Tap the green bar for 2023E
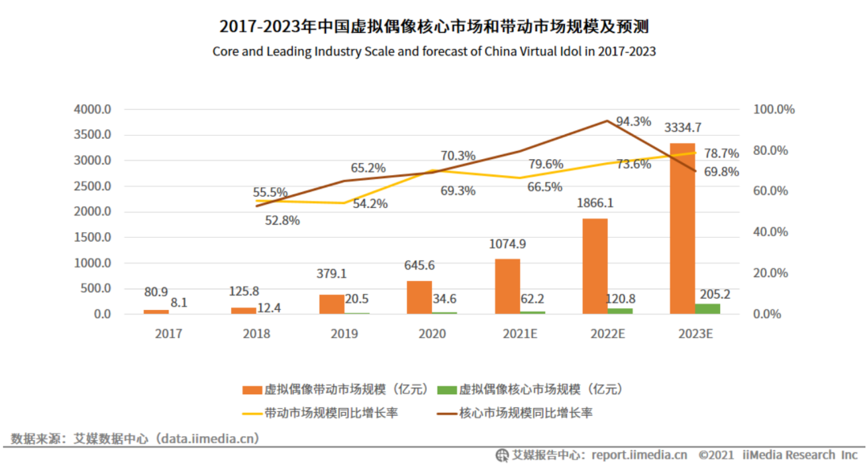tap(708, 308)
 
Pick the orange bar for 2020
tap(419, 297)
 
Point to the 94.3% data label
tap(633, 121)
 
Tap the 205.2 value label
tap(714, 293)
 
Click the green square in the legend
tap(446, 389)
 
